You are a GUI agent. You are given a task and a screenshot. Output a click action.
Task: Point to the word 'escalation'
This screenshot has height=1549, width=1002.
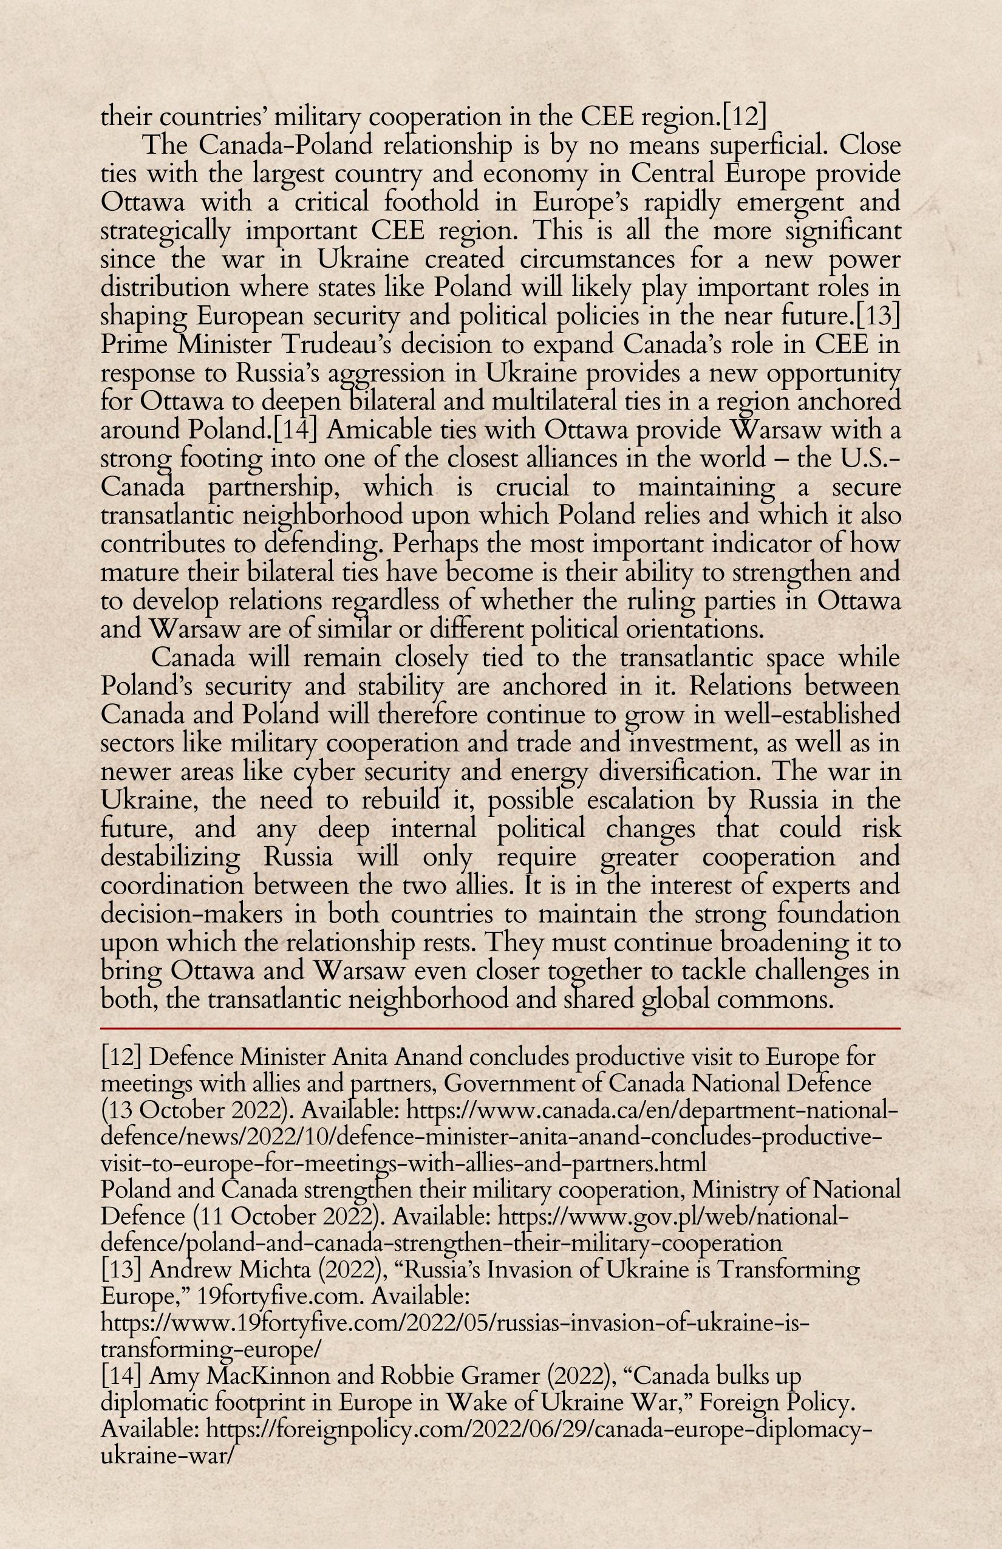(x=640, y=801)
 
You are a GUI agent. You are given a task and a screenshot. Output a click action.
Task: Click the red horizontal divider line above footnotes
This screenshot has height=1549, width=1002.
(x=501, y=1029)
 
